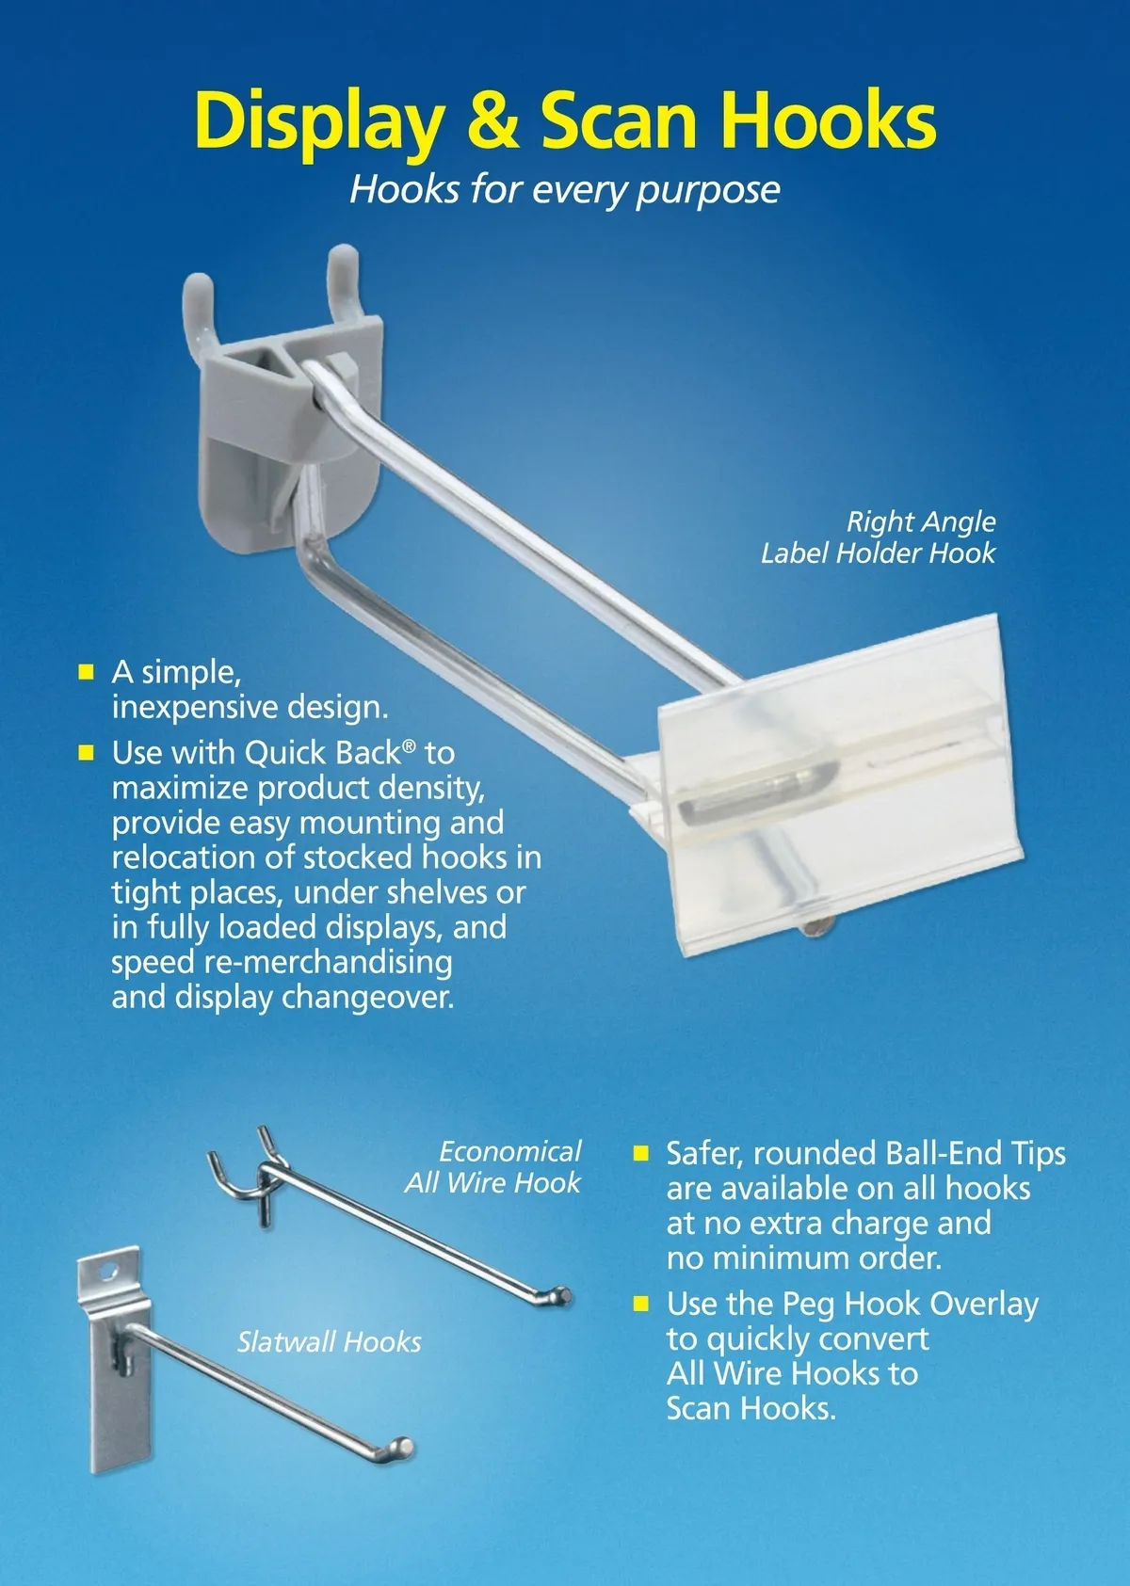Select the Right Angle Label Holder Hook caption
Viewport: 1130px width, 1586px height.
coord(879,537)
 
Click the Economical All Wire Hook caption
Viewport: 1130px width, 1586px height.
coord(493,1166)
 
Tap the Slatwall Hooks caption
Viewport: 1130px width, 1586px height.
coord(329,1341)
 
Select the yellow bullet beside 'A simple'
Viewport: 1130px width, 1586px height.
coord(86,671)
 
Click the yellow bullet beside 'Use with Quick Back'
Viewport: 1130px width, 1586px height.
coord(86,752)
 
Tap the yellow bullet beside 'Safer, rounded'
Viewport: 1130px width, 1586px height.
coord(640,1153)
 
